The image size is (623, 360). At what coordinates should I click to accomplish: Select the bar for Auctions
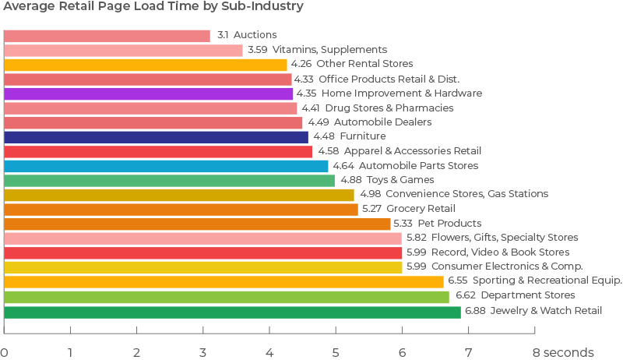click(x=107, y=36)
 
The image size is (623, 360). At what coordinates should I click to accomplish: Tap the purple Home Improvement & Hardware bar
click(x=149, y=94)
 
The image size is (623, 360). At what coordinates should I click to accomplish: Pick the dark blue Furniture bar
click(x=156, y=136)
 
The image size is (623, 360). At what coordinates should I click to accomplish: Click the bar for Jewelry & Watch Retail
click(x=232, y=312)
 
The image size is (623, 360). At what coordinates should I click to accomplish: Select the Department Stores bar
click(x=227, y=296)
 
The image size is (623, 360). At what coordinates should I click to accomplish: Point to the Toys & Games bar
click(x=169, y=180)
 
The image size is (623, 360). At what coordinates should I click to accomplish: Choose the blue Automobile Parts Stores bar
click(x=166, y=166)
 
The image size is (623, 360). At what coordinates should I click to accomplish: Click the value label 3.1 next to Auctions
click(x=222, y=36)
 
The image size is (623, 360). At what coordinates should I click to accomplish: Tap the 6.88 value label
click(x=474, y=312)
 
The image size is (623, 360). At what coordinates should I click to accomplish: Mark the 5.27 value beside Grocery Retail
click(x=372, y=209)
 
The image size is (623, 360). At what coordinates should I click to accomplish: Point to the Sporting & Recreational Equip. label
click(x=553, y=281)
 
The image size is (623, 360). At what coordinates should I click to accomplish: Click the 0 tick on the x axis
click(x=5, y=352)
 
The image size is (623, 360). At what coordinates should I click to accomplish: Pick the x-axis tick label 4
click(x=270, y=352)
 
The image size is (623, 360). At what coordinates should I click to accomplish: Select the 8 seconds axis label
click(x=562, y=352)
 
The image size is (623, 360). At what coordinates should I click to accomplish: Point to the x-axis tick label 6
click(x=403, y=352)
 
